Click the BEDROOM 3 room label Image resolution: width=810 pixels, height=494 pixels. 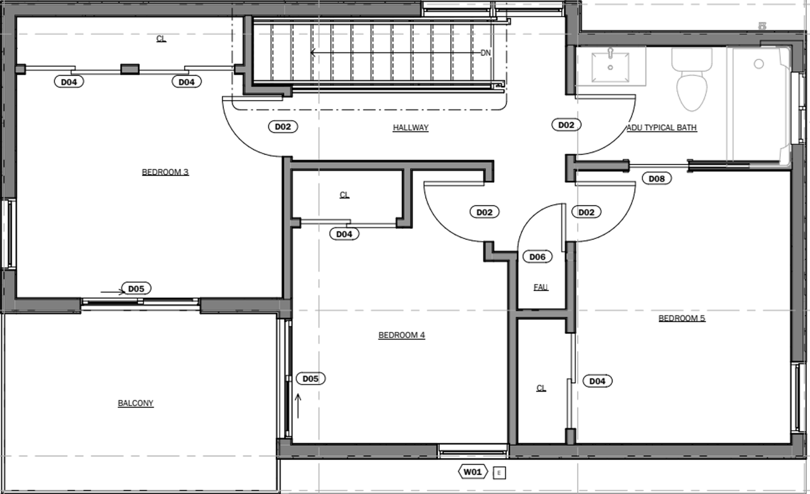pos(165,172)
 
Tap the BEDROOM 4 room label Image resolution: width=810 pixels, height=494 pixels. pos(401,335)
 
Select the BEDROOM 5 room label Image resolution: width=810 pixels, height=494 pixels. pos(682,318)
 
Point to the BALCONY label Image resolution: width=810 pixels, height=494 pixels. pos(135,403)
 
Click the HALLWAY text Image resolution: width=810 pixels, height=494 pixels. pos(410,128)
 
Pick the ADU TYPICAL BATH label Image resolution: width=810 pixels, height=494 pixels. pos(662,128)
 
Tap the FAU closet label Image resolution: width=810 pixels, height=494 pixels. pos(540,287)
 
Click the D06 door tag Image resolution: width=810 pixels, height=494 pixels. pos(537,257)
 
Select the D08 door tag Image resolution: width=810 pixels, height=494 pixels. pos(657,178)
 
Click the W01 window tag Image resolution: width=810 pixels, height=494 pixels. pos(473,472)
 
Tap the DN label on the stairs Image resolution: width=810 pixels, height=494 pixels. pos(485,53)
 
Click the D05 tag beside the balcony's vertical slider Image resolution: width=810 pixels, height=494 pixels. pos(310,379)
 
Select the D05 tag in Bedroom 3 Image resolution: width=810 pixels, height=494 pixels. pos(136,288)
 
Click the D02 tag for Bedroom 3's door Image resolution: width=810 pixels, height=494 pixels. pos(282,127)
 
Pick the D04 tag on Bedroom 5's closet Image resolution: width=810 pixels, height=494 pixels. pos(597,381)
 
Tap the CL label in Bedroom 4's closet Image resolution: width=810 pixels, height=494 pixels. pos(344,195)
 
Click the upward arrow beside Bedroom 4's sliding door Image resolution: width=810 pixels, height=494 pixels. pos(298,405)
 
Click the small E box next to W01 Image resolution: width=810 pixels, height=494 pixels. pos(499,472)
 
